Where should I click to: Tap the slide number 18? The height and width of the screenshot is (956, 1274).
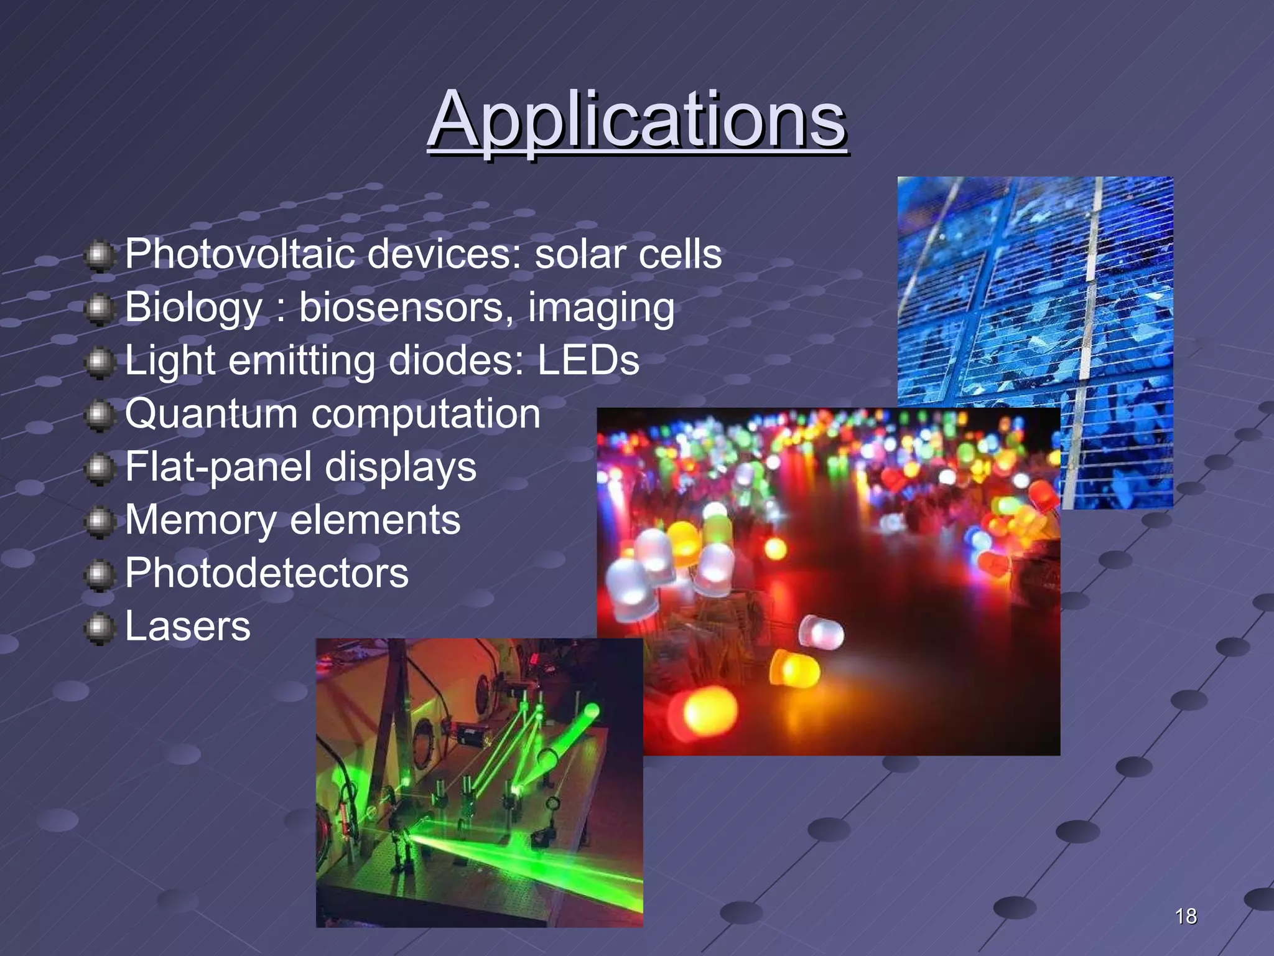(1186, 916)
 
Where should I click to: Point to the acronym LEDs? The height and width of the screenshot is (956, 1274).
(588, 360)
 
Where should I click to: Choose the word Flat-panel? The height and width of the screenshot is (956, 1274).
(218, 467)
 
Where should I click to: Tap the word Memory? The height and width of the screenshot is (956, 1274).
(200, 520)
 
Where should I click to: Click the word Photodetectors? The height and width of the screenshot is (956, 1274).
(267, 573)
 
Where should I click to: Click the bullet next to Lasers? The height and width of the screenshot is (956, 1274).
(99, 629)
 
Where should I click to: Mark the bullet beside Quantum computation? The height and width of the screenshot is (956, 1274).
(99, 416)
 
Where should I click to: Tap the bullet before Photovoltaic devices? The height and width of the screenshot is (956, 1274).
(99, 256)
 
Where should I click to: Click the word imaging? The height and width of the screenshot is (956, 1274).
(601, 309)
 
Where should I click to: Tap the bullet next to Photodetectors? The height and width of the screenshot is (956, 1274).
(99, 575)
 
